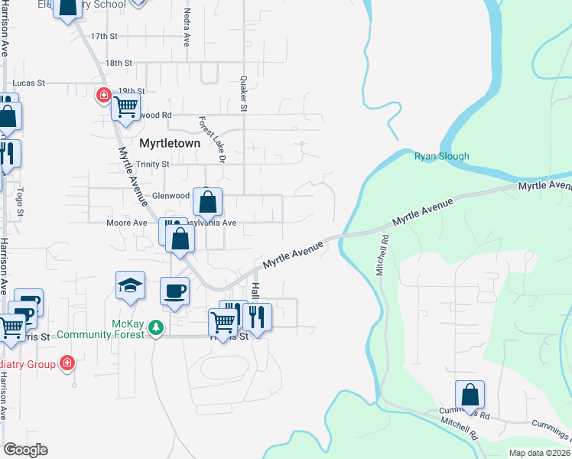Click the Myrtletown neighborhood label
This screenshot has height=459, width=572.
[170, 143]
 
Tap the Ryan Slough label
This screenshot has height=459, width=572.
[441, 156]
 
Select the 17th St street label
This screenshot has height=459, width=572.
[104, 36]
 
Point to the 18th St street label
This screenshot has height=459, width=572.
[119, 63]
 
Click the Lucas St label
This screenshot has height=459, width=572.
[30, 83]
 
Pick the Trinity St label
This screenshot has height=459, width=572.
[152, 164]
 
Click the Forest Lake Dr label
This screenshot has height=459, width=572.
[212, 138]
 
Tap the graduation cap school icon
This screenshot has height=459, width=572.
[130, 286]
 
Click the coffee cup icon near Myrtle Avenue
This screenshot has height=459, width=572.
[174, 291]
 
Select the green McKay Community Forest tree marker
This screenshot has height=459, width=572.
[156, 327]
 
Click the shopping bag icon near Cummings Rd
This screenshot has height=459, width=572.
[470, 395]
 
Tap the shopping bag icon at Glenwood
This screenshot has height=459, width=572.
[207, 202]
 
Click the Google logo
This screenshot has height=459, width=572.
[25, 450]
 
